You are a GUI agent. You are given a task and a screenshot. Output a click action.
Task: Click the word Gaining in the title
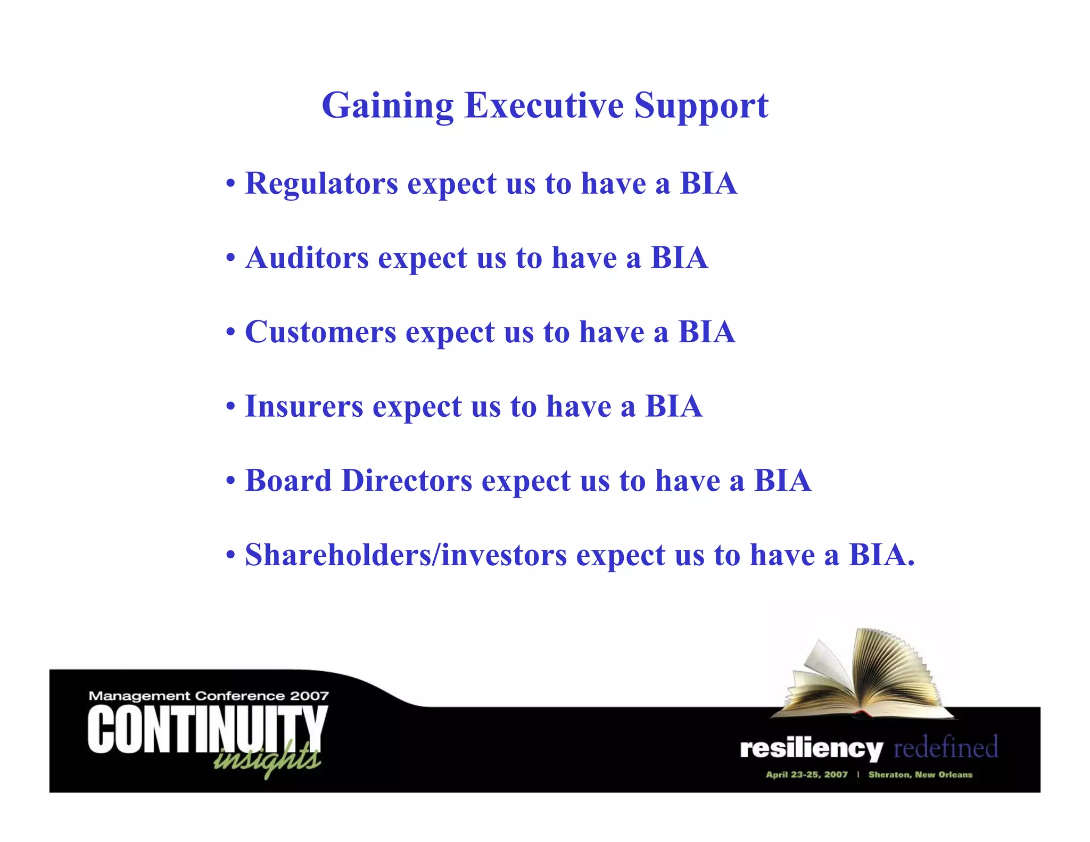click(387, 106)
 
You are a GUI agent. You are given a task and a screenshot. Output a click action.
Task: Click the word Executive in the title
click(543, 105)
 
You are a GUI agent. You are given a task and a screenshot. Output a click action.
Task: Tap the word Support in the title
click(701, 106)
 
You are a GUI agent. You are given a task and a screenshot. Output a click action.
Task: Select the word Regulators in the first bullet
click(321, 184)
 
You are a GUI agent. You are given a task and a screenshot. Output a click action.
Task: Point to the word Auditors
click(307, 258)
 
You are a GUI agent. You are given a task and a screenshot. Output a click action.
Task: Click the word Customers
click(320, 332)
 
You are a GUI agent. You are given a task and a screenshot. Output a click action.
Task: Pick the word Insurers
click(304, 407)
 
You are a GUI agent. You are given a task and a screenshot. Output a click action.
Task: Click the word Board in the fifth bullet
click(288, 481)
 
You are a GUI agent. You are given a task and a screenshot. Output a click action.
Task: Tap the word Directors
click(407, 481)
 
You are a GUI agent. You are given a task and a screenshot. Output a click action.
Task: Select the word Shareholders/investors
click(406, 555)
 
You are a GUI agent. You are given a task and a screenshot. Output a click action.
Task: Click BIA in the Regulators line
click(708, 184)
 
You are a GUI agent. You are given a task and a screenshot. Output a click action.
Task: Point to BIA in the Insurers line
click(673, 407)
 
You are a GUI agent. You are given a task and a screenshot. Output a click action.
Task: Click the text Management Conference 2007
click(209, 696)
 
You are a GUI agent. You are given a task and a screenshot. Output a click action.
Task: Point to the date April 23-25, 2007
click(806, 774)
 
